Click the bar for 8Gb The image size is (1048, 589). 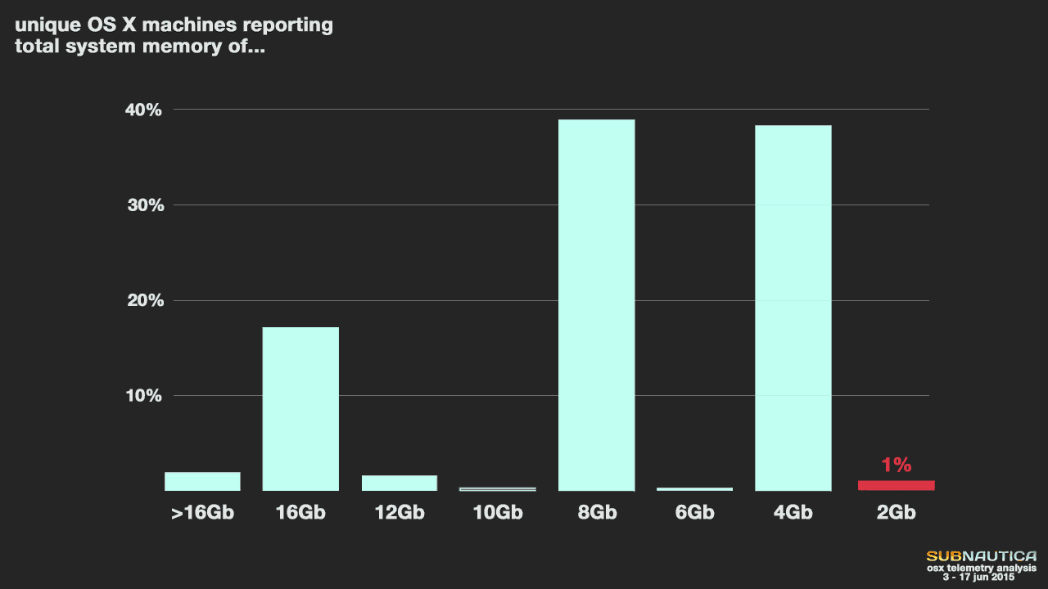(x=596, y=305)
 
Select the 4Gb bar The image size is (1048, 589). (x=793, y=308)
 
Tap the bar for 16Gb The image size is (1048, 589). (x=300, y=409)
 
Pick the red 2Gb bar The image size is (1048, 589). (x=896, y=485)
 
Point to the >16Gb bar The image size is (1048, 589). (x=202, y=482)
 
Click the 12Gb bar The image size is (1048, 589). (x=400, y=483)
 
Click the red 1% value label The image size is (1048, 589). (x=896, y=465)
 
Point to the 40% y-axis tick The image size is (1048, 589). (x=144, y=110)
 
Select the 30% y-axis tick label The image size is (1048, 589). (x=144, y=205)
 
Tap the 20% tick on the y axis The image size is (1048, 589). (x=144, y=301)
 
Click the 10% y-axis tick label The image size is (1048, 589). (x=144, y=396)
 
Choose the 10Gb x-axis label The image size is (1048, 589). (x=497, y=513)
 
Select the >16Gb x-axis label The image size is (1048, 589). (x=202, y=513)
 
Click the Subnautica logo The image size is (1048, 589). (x=981, y=556)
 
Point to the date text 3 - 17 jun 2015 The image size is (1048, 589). (x=978, y=577)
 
